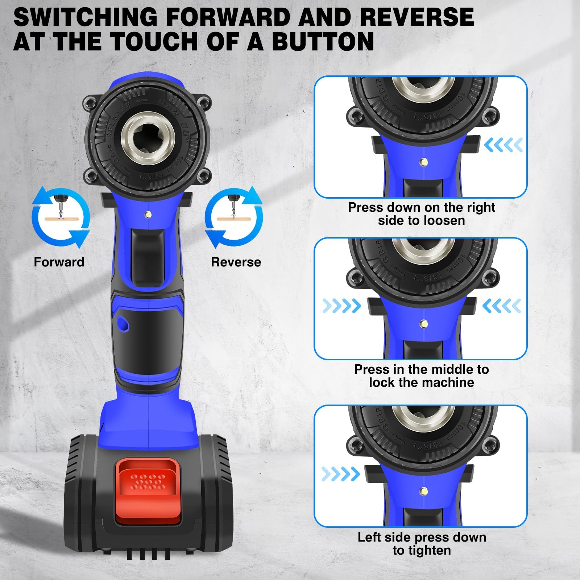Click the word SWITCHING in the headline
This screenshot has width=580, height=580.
[x=85, y=17]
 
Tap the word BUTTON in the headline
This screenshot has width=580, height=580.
[x=323, y=41]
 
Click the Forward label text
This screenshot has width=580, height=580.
[x=59, y=262]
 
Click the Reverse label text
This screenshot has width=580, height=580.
[x=236, y=262]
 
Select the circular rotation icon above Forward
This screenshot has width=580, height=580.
[x=61, y=217]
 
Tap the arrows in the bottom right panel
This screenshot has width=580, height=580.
[x=340, y=473]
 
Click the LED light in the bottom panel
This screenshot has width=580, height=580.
[x=423, y=492]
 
